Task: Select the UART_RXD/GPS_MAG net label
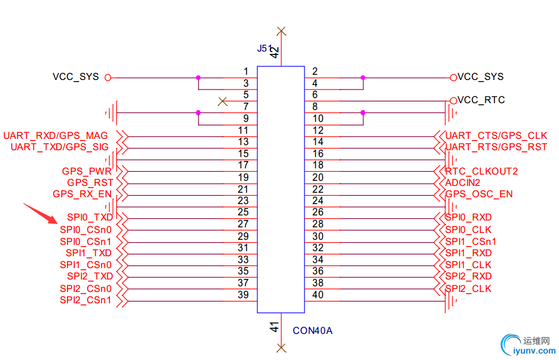click(x=56, y=136)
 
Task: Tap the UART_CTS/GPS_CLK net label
click(x=496, y=135)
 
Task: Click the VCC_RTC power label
click(x=481, y=100)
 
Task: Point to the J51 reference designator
click(x=265, y=49)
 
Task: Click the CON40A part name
click(x=312, y=330)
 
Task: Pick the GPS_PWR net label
click(x=86, y=171)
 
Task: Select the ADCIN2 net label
click(x=463, y=183)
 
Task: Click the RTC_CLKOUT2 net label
click(x=481, y=171)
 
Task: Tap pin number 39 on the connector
click(x=243, y=294)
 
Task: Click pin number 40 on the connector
click(x=318, y=294)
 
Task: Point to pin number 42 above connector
click(x=274, y=52)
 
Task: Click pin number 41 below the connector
click(x=274, y=327)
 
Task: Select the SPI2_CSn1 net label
click(x=86, y=300)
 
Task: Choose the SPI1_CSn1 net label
click(x=471, y=242)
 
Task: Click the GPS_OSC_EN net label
click(x=479, y=194)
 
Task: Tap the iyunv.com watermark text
click(x=533, y=351)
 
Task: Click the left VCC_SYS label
click(x=75, y=77)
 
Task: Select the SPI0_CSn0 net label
click(x=86, y=230)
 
